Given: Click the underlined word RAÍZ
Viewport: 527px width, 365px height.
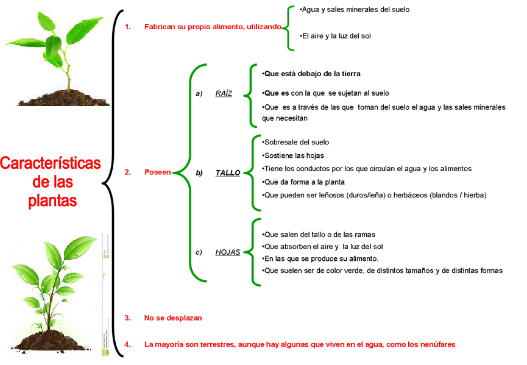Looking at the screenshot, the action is (224, 94).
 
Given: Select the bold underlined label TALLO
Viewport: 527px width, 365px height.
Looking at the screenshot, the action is (228, 172).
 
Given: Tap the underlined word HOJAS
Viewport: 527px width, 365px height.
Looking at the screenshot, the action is (227, 252).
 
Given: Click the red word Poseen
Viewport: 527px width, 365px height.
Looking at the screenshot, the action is (157, 172).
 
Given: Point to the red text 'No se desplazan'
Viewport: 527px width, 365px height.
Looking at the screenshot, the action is (172, 317).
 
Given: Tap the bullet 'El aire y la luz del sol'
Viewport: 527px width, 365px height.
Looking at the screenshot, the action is (336, 36).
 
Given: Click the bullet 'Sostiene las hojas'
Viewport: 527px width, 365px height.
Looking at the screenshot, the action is (294, 155).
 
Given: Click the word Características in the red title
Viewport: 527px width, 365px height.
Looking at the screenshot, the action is (51, 164).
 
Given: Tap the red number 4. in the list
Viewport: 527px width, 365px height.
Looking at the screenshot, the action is (127, 344).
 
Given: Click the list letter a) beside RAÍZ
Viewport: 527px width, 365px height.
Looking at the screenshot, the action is (198, 94).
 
